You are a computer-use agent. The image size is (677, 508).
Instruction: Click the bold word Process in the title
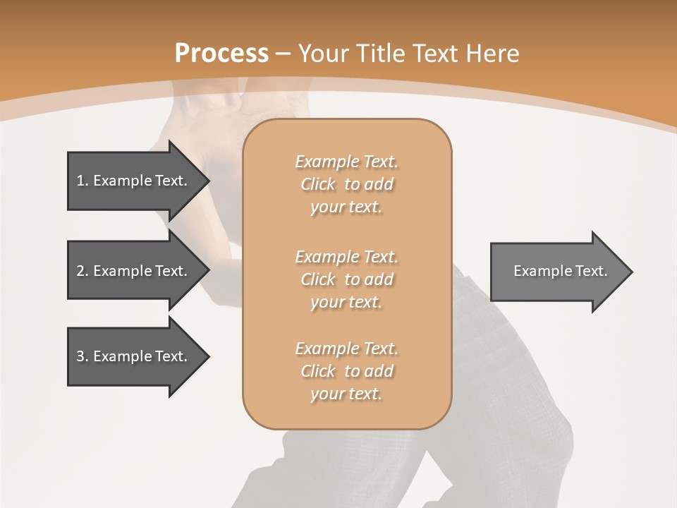click(221, 54)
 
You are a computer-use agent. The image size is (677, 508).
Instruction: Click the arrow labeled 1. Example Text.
click(134, 181)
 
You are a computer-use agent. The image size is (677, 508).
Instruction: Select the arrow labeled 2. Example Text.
click(134, 271)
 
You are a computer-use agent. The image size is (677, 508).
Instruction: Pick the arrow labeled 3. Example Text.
click(134, 356)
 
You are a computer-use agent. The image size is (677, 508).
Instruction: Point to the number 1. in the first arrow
click(83, 181)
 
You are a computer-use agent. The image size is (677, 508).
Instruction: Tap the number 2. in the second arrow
click(83, 271)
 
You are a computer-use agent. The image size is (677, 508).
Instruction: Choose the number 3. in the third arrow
click(83, 356)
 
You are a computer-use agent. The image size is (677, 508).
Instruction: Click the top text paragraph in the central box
click(346, 184)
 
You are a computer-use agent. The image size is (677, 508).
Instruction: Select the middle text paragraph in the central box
click(346, 279)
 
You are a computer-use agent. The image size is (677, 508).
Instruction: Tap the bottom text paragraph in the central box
click(346, 371)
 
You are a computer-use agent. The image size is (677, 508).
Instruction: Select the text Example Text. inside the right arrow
click(561, 271)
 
